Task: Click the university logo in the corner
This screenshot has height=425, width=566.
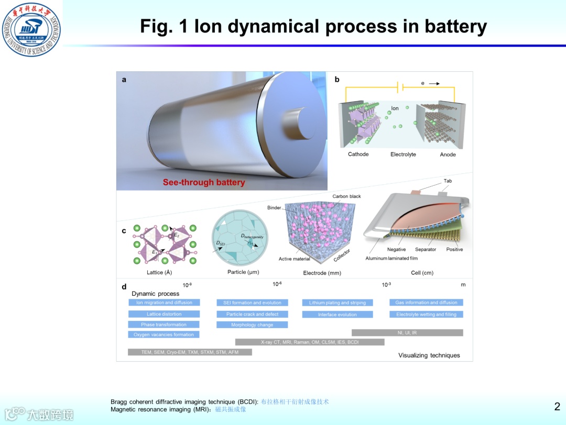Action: [31, 29]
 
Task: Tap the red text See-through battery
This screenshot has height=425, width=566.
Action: [204, 183]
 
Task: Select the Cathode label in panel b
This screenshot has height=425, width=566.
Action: [358, 154]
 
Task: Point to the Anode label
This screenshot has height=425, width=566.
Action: [448, 154]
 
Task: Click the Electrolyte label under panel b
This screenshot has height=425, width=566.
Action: [403, 154]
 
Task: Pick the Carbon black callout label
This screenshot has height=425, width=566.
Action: [346, 196]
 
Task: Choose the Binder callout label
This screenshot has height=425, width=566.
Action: [274, 208]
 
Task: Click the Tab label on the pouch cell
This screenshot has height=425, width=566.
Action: [448, 181]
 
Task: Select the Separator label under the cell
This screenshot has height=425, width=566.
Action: [426, 250]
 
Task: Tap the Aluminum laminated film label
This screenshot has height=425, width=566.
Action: [391, 259]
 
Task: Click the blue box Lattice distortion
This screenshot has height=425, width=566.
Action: [164, 314]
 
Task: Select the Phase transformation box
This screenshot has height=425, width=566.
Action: [164, 325]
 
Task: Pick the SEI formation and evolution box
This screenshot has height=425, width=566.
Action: [252, 303]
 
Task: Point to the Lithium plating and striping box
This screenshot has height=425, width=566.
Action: [338, 303]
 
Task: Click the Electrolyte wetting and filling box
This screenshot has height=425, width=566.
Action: [426, 315]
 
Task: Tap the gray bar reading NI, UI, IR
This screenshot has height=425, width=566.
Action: [407, 332]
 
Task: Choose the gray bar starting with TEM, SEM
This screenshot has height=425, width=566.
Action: [190, 352]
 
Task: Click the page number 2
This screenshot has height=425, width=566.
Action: [557, 406]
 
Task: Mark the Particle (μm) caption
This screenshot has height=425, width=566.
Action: [243, 272]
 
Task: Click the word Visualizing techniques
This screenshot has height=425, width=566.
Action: [429, 355]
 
